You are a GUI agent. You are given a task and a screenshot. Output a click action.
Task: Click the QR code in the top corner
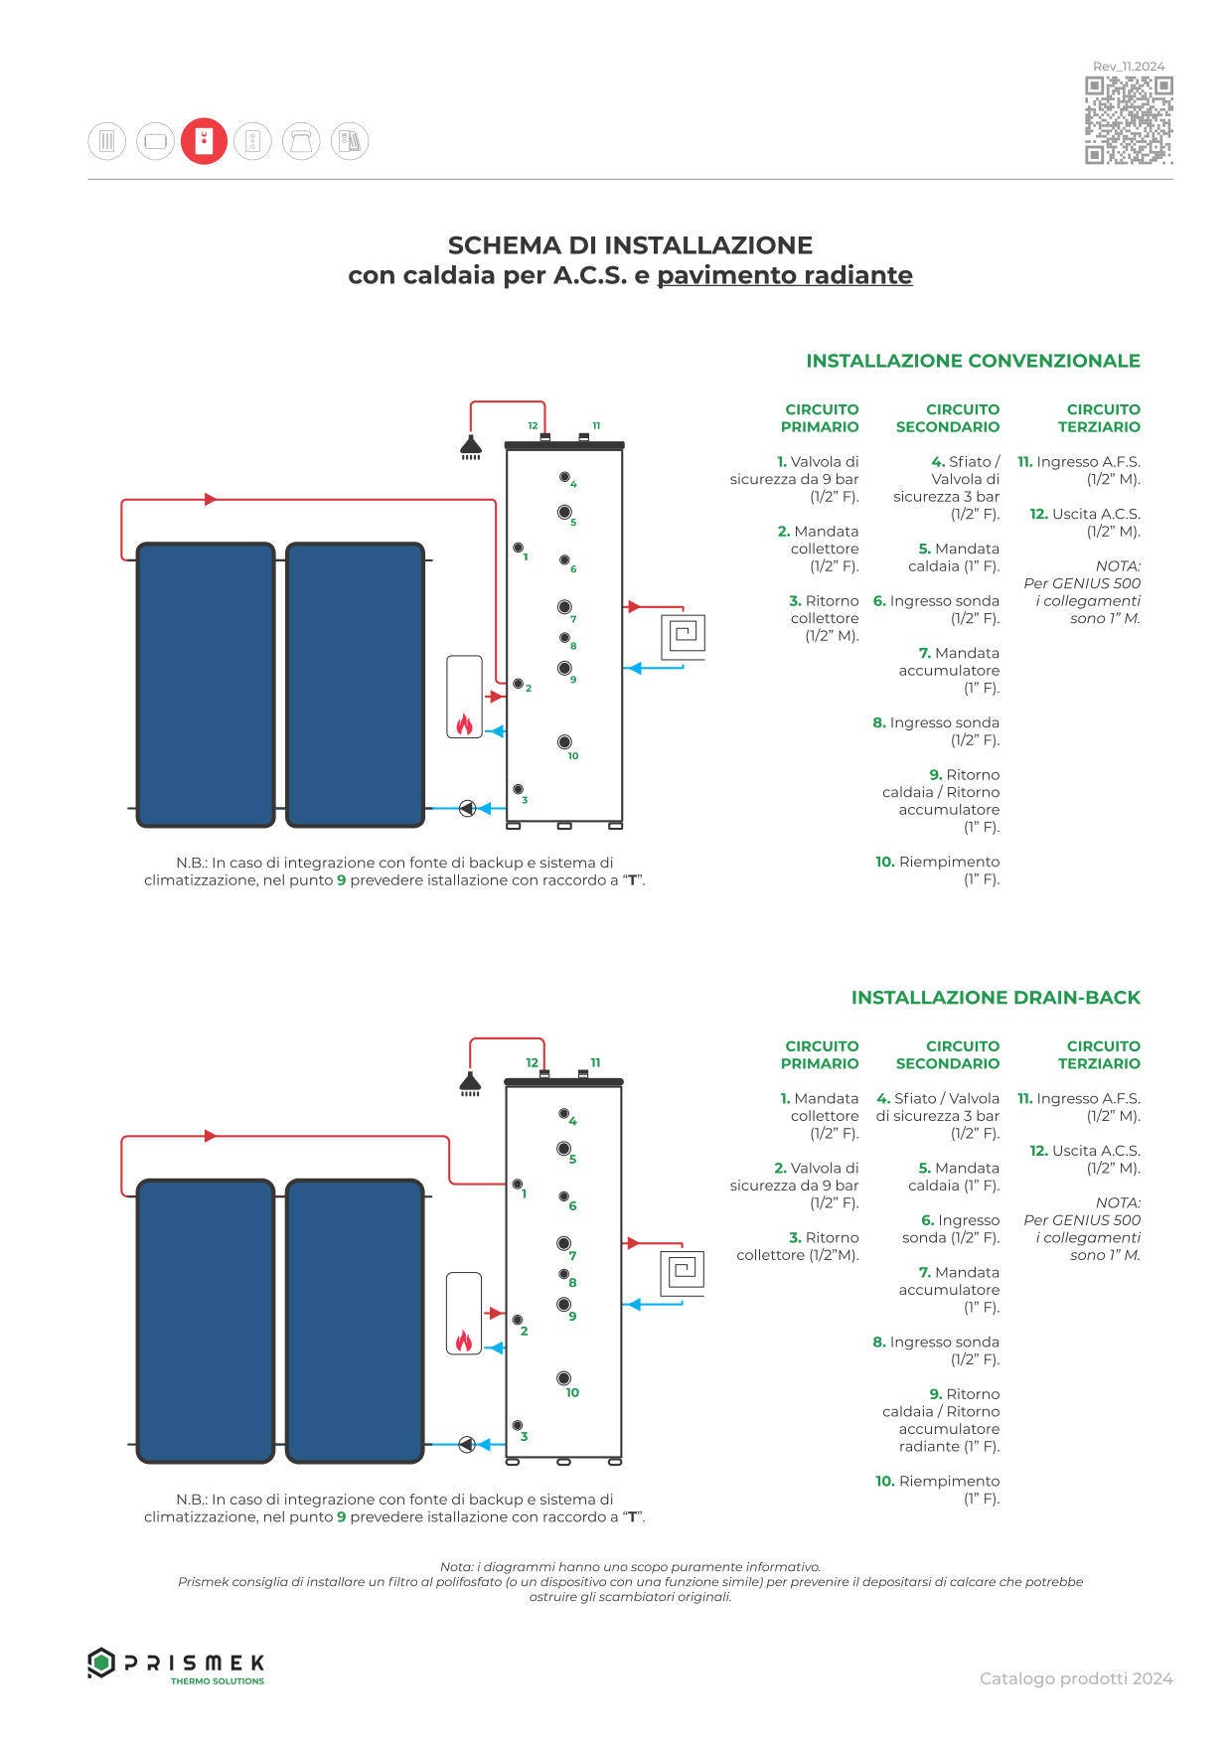tap(1129, 120)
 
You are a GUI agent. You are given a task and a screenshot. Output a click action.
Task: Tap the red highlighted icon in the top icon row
tap(204, 141)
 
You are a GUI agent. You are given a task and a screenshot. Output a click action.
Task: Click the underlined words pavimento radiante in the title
tap(785, 275)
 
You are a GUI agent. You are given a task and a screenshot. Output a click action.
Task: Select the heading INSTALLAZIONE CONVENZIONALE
tap(973, 361)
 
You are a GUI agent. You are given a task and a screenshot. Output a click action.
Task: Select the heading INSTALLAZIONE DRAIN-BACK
tap(996, 998)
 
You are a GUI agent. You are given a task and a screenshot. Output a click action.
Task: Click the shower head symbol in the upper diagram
tap(471, 448)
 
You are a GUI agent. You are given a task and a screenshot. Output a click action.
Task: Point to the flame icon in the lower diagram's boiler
tap(464, 1341)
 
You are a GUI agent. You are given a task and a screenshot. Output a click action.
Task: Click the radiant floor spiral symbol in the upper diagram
tap(685, 633)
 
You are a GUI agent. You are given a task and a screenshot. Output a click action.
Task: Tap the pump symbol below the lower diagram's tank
tap(467, 1445)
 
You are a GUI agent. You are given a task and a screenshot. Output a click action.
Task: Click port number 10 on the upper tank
tap(564, 741)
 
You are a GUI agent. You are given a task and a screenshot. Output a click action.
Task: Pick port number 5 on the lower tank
tap(563, 1149)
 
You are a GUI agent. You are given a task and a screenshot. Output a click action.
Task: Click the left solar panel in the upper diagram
tap(206, 685)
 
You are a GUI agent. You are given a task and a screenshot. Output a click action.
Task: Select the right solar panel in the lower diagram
tap(355, 1321)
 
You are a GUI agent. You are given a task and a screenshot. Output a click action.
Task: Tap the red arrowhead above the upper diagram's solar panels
tap(210, 499)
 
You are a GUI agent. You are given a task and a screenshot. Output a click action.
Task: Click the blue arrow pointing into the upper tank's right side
tap(633, 669)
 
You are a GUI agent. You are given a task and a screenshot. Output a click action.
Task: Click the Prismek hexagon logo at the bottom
tap(100, 1663)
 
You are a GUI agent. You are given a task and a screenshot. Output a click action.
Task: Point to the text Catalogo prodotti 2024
tap(1076, 1678)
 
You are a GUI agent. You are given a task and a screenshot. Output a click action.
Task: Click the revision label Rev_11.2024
tap(1129, 67)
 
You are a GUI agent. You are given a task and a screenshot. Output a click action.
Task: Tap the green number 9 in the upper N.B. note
tap(342, 880)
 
